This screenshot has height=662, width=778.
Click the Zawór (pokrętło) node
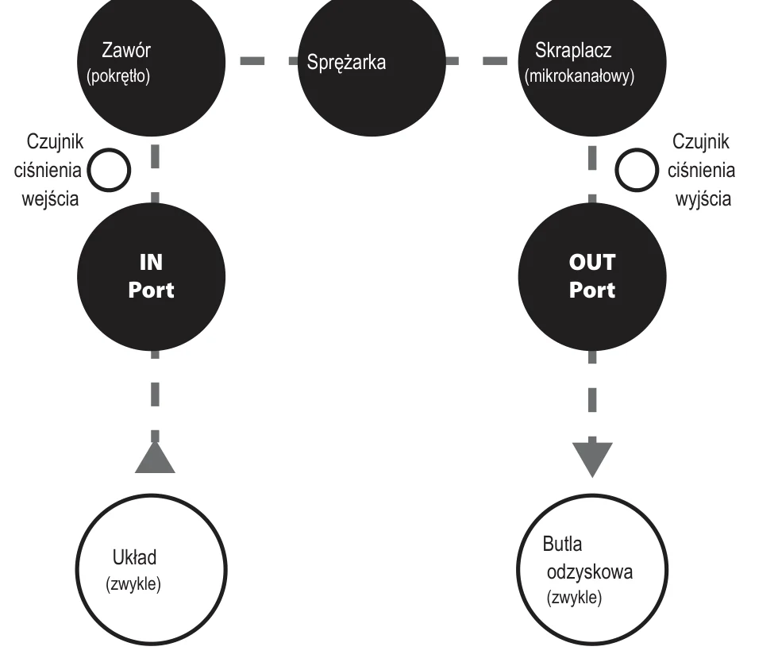pyautogui.click(x=152, y=62)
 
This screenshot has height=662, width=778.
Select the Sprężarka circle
pyautogui.click(x=372, y=62)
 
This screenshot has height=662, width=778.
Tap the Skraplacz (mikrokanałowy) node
pyautogui.click(x=592, y=62)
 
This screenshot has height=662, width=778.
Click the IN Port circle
pyautogui.click(x=152, y=276)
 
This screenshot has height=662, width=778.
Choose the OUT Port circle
pyautogui.click(x=592, y=276)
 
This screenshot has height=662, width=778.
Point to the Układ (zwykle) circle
pyautogui.click(x=152, y=570)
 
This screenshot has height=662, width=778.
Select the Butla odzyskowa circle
pyautogui.click(x=592, y=570)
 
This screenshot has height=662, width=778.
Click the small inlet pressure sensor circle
pyautogui.click(x=110, y=170)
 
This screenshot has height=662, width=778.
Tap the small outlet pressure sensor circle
pyautogui.click(x=637, y=170)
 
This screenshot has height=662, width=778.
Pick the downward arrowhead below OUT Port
pyautogui.click(x=592, y=459)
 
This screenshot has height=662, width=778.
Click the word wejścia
pyautogui.click(x=50, y=199)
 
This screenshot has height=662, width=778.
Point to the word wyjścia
pyautogui.click(x=703, y=199)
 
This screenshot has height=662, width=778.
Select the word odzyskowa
pyautogui.click(x=589, y=572)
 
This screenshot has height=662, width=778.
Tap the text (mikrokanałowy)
pyautogui.click(x=580, y=76)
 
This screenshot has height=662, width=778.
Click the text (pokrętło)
pyautogui.click(x=118, y=76)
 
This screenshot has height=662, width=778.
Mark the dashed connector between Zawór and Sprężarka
pyautogui.click(x=269, y=60)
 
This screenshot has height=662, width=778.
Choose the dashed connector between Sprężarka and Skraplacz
pyautogui.click(x=476, y=60)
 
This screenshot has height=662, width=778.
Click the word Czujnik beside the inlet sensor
pyautogui.click(x=55, y=142)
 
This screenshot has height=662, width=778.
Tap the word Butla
pyautogui.click(x=562, y=544)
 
